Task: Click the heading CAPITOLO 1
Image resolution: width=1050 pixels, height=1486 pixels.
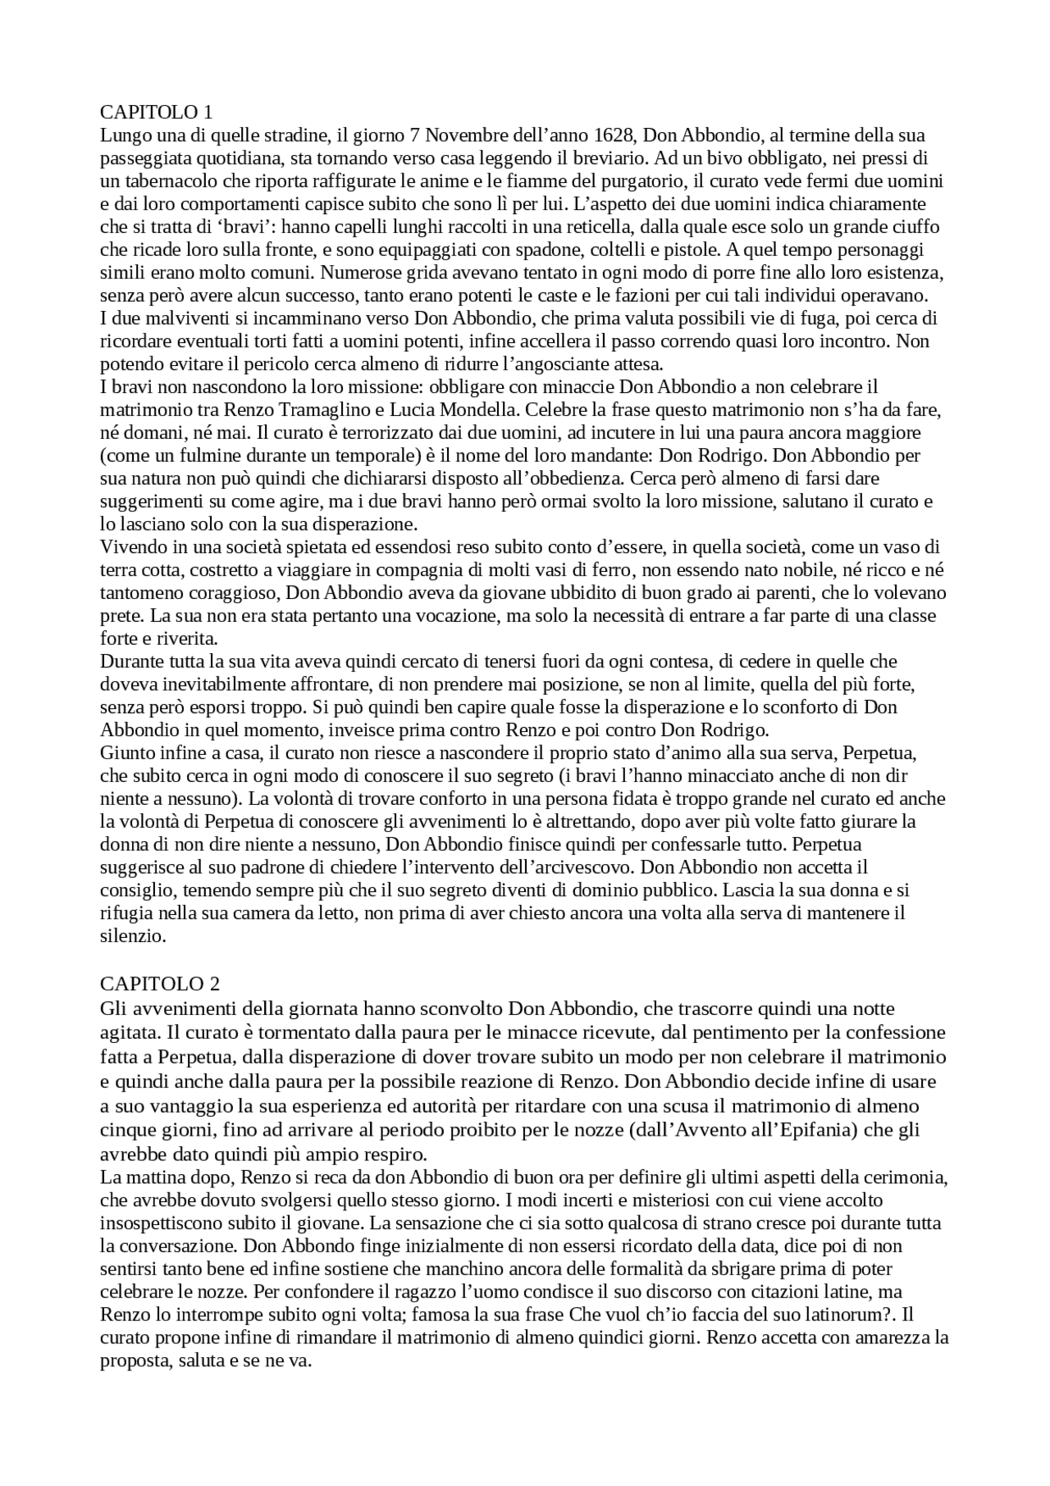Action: [157, 112]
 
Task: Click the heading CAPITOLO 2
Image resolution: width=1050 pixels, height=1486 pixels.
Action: [160, 983]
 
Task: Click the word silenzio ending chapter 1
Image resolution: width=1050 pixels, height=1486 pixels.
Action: [133, 935]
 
